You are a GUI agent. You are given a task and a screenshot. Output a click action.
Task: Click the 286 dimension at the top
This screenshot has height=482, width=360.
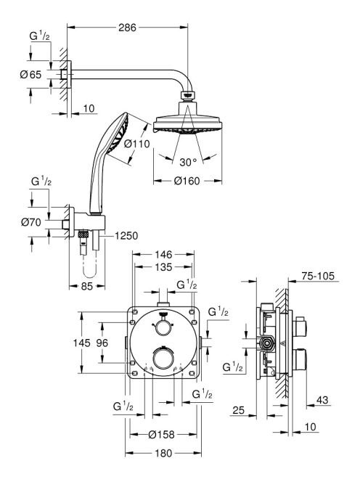pyautogui.click(x=127, y=28)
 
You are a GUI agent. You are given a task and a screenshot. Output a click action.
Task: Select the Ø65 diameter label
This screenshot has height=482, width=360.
pyautogui.click(x=30, y=74)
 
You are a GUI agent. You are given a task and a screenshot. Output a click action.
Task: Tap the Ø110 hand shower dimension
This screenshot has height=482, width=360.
pyautogui.click(x=137, y=144)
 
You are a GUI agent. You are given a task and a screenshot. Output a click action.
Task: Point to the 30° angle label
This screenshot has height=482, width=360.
pyautogui.click(x=188, y=163)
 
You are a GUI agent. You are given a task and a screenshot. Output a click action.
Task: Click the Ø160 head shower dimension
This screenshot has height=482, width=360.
pyautogui.click(x=187, y=181)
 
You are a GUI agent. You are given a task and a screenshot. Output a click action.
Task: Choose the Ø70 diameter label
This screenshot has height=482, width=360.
pyautogui.click(x=31, y=222)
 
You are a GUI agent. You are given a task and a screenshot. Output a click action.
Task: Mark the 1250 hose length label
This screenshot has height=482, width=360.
pyautogui.click(x=126, y=236)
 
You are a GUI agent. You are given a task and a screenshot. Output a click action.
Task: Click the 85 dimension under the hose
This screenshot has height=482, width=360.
pyautogui.click(x=86, y=287)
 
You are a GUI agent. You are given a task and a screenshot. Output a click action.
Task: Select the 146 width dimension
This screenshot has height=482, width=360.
pyautogui.click(x=163, y=255)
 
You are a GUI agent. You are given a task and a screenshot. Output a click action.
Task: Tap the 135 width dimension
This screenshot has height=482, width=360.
pyautogui.click(x=163, y=267)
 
